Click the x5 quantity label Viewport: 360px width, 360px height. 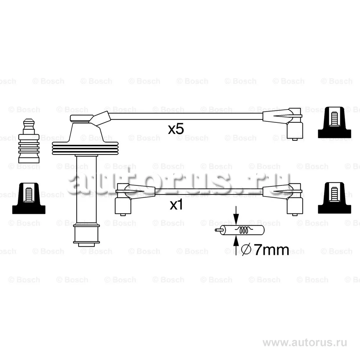tap(176, 130)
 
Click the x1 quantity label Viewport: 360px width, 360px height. tap(176, 205)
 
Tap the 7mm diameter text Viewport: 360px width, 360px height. tap(271, 250)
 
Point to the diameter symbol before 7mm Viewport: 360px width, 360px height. tap(247, 250)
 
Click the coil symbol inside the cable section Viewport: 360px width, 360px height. tap(244, 230)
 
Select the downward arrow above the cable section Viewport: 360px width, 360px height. tap(236, 215)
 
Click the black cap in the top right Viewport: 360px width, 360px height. tap(334, 122)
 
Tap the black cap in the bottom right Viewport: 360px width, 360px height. tap(334, 198)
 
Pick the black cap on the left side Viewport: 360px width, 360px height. tap(29, 198)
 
